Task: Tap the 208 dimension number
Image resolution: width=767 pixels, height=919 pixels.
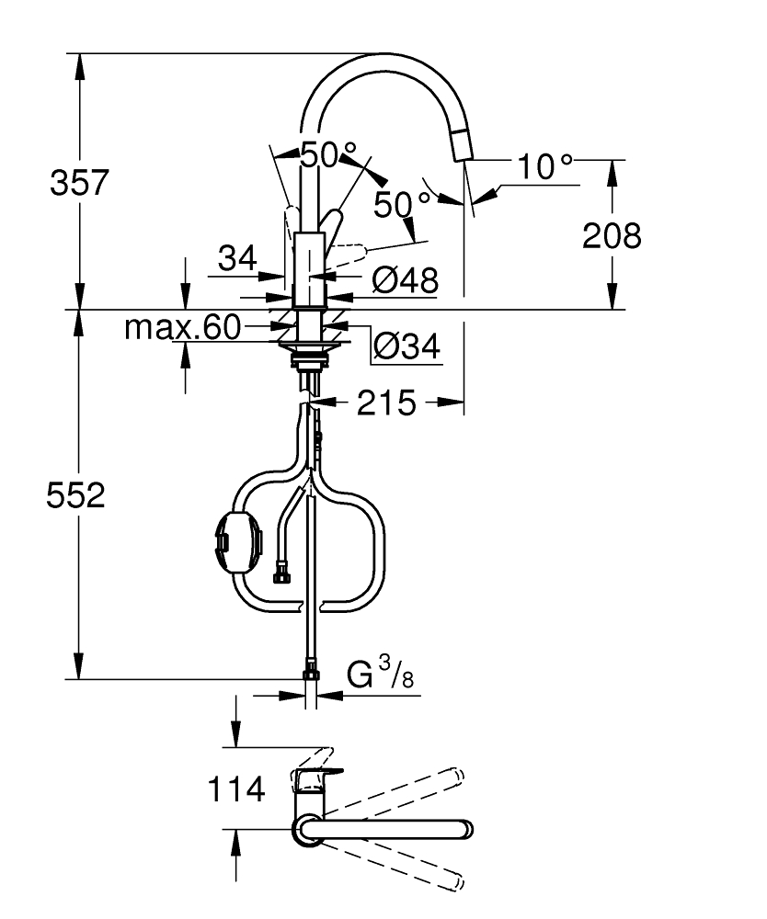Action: pos(612,236)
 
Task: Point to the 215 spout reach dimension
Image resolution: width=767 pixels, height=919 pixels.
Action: pos(386,403)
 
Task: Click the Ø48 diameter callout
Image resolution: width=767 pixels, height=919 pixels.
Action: pos(406,280)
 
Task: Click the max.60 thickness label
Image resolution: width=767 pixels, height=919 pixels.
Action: pos(182,327)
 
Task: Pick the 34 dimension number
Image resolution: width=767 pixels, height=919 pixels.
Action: pos(237,258)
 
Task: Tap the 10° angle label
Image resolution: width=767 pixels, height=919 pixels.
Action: pos(544,166)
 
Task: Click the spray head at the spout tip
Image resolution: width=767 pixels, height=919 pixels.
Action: pos(462,145)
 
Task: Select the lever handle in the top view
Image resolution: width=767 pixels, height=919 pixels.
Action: pos(315,777)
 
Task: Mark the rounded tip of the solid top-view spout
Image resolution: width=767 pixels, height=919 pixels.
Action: pos(467,829)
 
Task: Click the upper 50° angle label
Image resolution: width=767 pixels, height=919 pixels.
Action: pos(327,155)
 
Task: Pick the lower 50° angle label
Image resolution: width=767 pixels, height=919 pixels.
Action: pos(402,205)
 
